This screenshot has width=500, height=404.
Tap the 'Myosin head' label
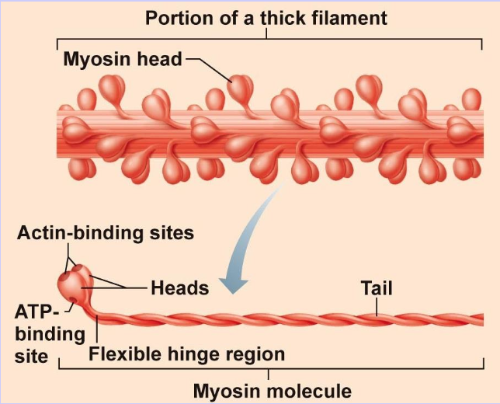(122, 59)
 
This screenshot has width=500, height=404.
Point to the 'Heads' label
(180, 288)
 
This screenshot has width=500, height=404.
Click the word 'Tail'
(377, 288)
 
